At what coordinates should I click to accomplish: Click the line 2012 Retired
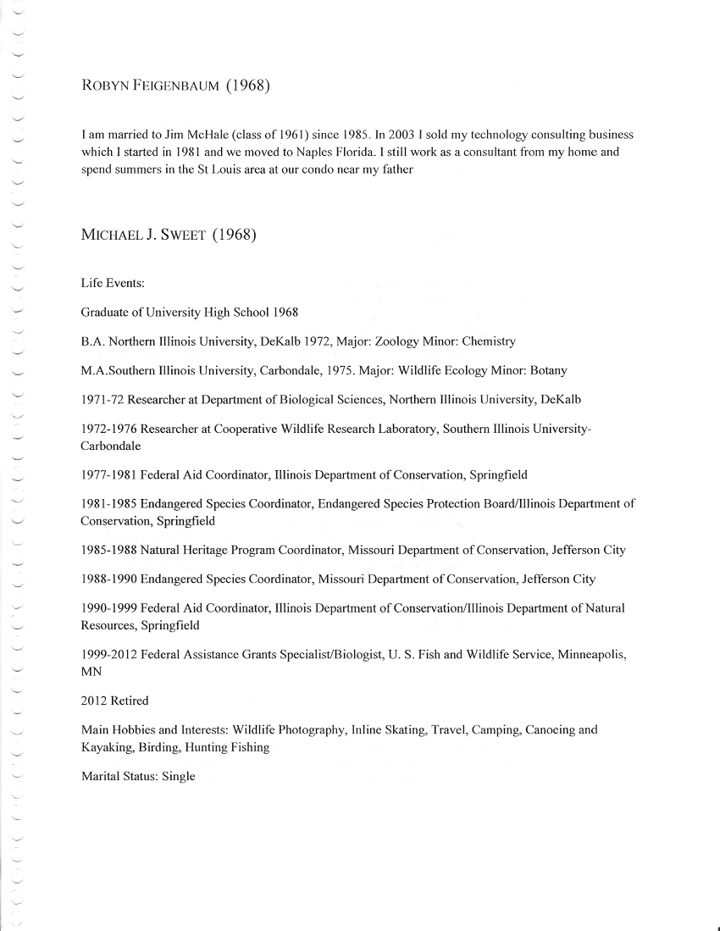pyautogui.click(x=114, y=701)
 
